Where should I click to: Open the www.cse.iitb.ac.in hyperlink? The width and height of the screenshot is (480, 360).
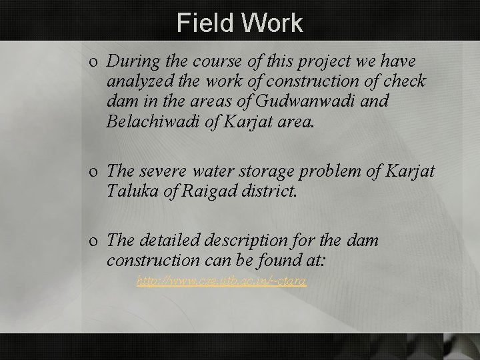pyautogui.click(x=221, y=282)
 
